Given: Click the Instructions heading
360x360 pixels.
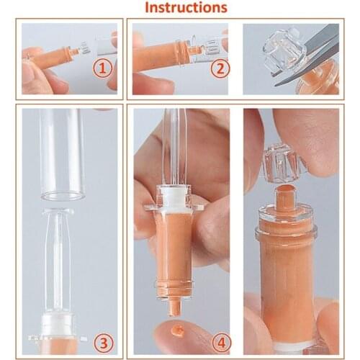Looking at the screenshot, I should (186, 8).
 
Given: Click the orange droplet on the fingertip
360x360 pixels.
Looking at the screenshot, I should (176, 333).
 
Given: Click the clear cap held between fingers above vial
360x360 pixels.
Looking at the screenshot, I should (287, 161).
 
